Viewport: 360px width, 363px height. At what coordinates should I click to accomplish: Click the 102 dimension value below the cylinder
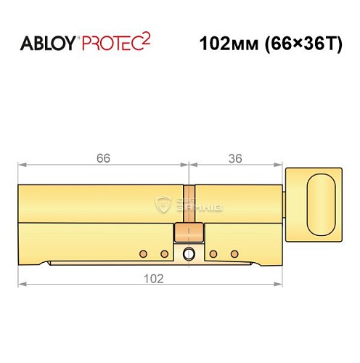(x=150, y=278)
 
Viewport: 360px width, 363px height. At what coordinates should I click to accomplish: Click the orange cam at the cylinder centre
(x=189, y=232)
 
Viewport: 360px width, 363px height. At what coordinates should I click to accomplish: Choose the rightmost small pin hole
(x=234, y=253)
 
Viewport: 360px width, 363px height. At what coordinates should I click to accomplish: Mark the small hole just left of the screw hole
(x=165, y=253)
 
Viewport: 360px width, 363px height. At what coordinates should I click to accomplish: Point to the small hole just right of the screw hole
(x=214, y=253)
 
